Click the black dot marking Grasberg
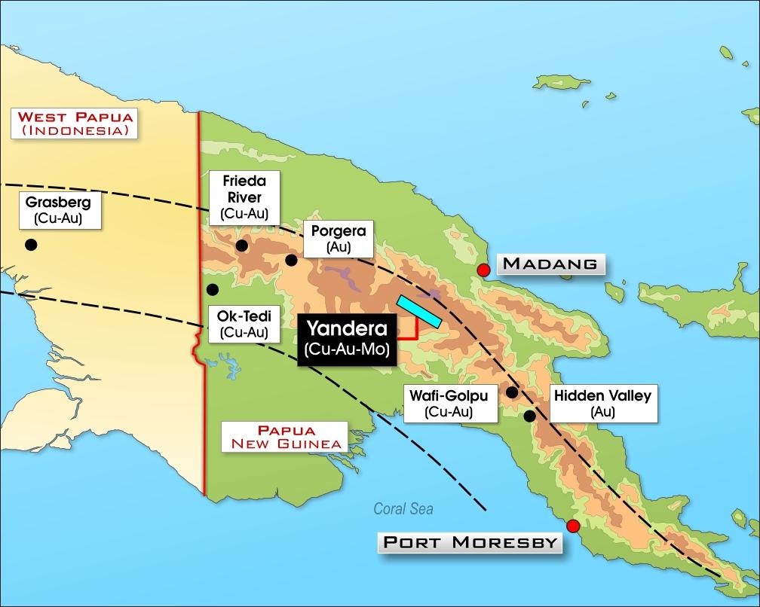pyautogui.click(x=31, y=245)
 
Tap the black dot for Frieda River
pyautogui.click(x=242, y=246)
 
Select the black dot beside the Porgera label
pyautogui.click(x=291, y=261)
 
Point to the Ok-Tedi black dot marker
pyautogui.click(x=213, y=289)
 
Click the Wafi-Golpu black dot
pyautogui.click(x=512, y=392)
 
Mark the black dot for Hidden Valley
pyautogui.click(x=530, y=416)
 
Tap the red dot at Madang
pyautogui.click(x=484, y=270)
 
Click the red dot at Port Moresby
pyautogui.click(x=573, y=526)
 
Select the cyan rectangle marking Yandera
pyautogui.click(x=418, y=311)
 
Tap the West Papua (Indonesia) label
pyautogui.click(x=75, y=124)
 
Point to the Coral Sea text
pyautogui.click(x=403, y=509)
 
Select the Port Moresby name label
pyautogui.click(x=470, y=542)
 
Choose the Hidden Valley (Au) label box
pyautogui.click(x=602, y=403)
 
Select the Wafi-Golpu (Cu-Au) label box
pyautogui.click(x=449, y=403)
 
